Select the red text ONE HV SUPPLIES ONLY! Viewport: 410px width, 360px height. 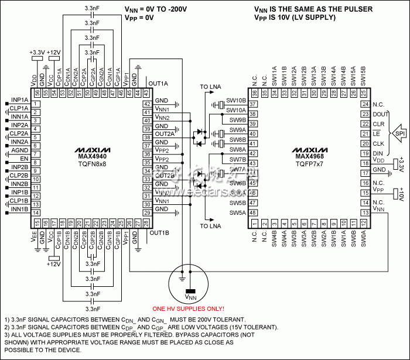(x=188, y=308)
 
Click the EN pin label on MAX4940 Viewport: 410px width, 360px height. (x=24, y=159)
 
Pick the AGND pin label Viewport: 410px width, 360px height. (x=20, y=150)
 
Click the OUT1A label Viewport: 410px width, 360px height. (x=158, y=83)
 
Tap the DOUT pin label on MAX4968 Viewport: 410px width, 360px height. (x=378, y=114)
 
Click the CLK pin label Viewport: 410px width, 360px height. (x=378, y=143)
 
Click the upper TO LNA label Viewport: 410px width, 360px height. (x=211, y=87)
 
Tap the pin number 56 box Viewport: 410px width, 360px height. (x=37, y=92)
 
